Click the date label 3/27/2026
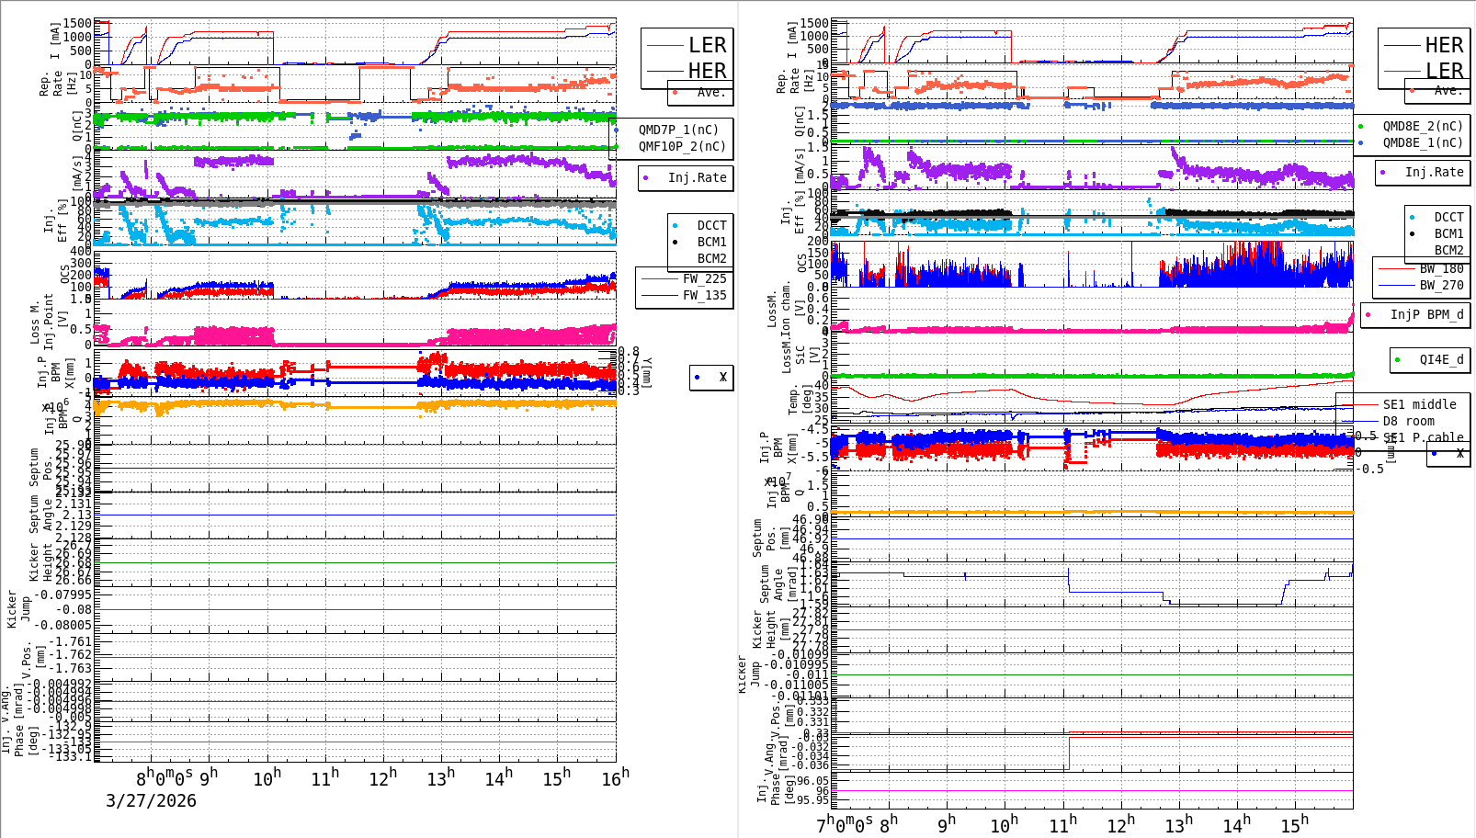tap(151, 800)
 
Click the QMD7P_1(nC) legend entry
tap(678, 130)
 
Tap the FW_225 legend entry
tap(704, 278)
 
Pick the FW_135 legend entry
tap(704, 295)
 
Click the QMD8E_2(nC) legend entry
tap(1423, 126)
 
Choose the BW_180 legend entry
tap(1441, 268)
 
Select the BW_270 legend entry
tap(1441, 285)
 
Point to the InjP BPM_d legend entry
tap(1426, 314)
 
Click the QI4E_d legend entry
tap(1441, 359)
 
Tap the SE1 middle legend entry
tap(1419, 404)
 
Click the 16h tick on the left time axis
tap(615, 777)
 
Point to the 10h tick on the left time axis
tap(267, 779)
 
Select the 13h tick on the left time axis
tap(441, 779)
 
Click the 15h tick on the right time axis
tap(1294, 824)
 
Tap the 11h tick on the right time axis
tap(1062, 824)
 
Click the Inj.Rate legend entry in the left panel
tap(697, 177)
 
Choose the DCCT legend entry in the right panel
tap(1448, 217)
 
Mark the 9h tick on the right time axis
tap(947, 824)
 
